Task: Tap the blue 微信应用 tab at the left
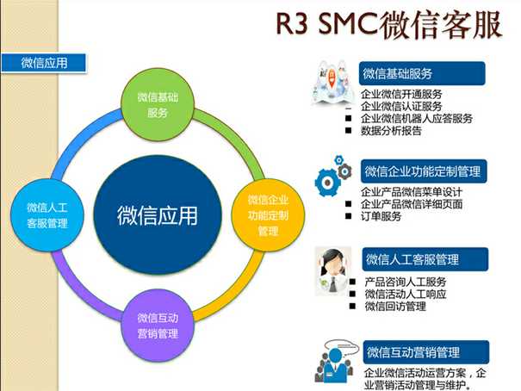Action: point(44,62)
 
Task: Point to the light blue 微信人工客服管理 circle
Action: point(47,214)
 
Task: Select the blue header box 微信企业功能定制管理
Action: point(422,171)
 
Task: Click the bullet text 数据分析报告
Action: point(392,132)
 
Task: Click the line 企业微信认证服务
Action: point(402,106)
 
